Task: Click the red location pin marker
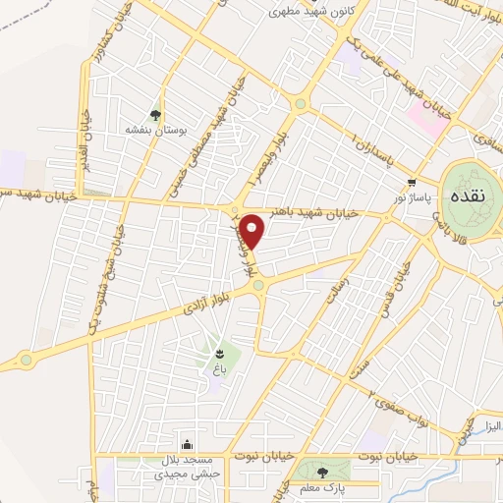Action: [253, 229]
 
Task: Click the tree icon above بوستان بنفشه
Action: [154, 114]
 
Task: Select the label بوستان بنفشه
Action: [154, 130]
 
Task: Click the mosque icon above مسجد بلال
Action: [188, 445]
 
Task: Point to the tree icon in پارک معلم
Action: [323, 473]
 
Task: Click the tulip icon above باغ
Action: [221, 352]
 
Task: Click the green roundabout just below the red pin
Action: [258, 285]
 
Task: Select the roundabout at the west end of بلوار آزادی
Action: [26, 360]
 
